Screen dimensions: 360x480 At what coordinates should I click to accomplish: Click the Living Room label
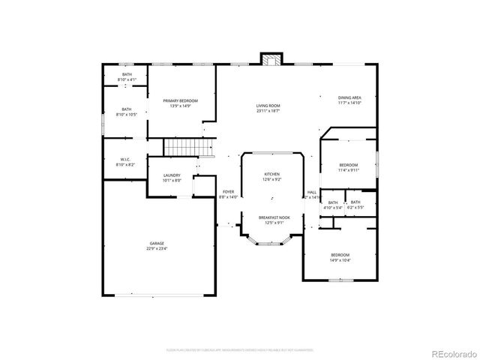click(268, 106)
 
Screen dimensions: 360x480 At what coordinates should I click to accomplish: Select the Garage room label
click(157, 244)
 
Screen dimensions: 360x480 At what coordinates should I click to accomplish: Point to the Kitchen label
click(271, 175)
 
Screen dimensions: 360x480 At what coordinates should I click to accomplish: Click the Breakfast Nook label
click(271, 217)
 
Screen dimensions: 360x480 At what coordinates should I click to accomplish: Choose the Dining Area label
click(349, 97)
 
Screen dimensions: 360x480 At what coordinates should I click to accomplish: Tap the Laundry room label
click(172, 175)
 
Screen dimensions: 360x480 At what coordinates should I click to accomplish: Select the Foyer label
click(228, 192)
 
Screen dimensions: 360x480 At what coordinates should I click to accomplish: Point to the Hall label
click(312, 192)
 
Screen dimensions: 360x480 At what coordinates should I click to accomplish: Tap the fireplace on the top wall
click(271, 59)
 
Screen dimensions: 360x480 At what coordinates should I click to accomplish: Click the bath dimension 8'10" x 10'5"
click(126, 115)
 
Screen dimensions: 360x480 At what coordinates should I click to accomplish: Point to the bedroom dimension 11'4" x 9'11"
click(348, 170)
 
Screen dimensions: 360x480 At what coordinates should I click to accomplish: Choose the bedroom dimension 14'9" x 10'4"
click(340, 261)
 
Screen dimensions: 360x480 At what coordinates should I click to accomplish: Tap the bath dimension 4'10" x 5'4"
click(333, 207)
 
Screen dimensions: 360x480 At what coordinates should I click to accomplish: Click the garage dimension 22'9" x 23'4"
click(157, 249)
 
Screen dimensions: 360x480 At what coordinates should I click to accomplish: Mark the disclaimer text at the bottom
click(239, 349)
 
